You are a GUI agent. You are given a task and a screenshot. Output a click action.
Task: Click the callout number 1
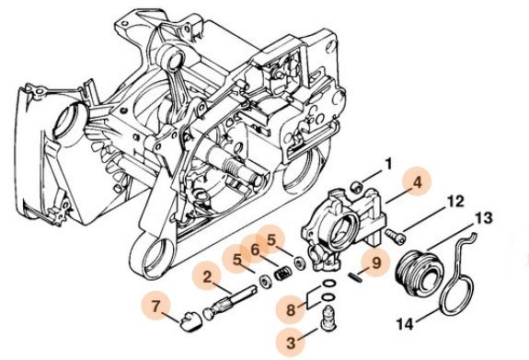[388, 165]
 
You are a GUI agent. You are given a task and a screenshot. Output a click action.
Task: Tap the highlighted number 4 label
[418, 183]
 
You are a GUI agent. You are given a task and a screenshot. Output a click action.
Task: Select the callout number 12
[454, 202]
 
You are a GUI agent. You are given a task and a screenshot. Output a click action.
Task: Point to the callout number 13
[483, 218]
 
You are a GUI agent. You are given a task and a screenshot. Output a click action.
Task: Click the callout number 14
[405, 324]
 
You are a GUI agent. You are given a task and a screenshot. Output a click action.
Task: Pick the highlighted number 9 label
[376, 262]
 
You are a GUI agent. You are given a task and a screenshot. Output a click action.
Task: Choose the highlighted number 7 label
[155, 307]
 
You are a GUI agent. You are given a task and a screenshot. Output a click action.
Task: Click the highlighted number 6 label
[256, 250]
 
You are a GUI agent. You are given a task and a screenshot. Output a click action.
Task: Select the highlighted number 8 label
[290, 309]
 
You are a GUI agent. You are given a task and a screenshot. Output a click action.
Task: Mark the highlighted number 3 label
[291, 343]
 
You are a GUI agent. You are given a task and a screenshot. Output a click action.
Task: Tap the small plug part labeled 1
[357, 186]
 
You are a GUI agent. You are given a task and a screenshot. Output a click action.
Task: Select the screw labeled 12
[395, 235]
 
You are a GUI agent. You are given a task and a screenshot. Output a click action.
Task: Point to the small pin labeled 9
[355, 278]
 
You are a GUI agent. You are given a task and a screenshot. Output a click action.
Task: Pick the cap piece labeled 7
[190, 321]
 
